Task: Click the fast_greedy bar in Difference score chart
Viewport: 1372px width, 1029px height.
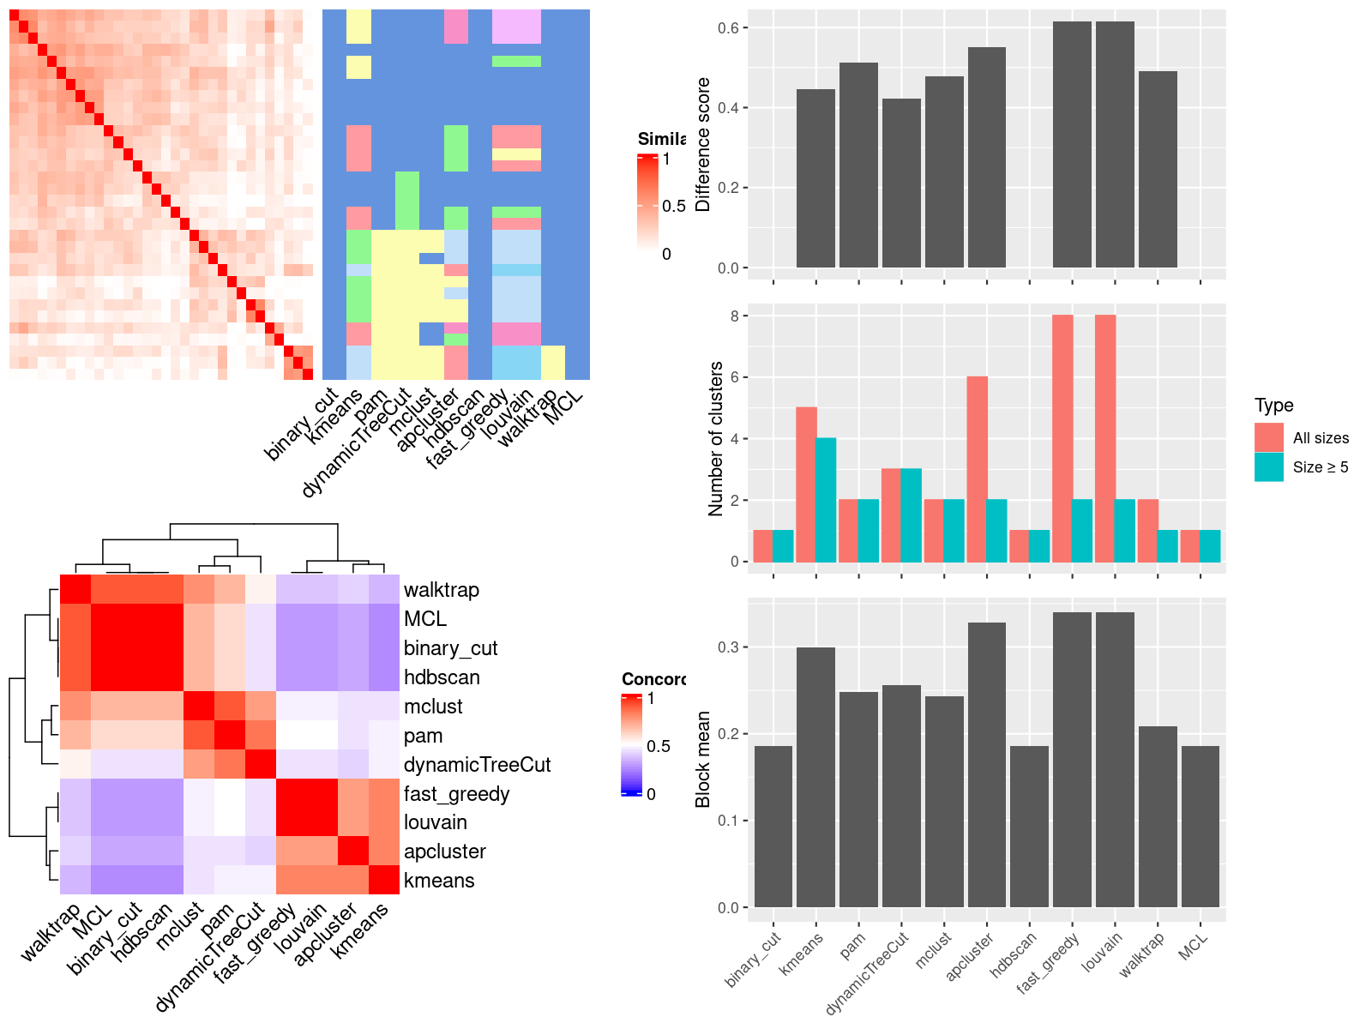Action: [1072, 145]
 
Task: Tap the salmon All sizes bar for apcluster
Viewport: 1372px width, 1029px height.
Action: [977, 469]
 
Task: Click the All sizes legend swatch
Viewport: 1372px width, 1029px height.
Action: [1269, 437]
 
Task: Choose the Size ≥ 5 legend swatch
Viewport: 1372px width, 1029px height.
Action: [1269, 467]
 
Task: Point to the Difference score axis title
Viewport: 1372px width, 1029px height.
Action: [703, 144]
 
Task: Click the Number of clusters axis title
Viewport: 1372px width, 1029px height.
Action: [715, 438]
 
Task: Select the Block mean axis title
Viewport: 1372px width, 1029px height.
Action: [703, 759]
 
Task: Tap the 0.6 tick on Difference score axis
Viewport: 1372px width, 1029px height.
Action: [728, 28]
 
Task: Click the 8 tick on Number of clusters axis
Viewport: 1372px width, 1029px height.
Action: [735, 316]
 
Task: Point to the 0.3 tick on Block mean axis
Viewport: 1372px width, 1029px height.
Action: [728, 647]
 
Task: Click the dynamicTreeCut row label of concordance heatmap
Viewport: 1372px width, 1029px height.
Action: [477, 764]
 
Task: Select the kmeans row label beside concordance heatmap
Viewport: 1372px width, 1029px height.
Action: [439, 881]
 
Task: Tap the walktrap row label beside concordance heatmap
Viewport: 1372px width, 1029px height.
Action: [442, 590]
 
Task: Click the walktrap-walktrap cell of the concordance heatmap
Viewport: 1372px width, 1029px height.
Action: [75, 589]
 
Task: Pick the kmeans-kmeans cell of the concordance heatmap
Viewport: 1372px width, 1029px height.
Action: [384, 880]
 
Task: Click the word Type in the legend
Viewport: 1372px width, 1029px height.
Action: [1273, 406]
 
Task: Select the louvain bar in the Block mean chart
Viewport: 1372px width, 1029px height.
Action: [1115, 760]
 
